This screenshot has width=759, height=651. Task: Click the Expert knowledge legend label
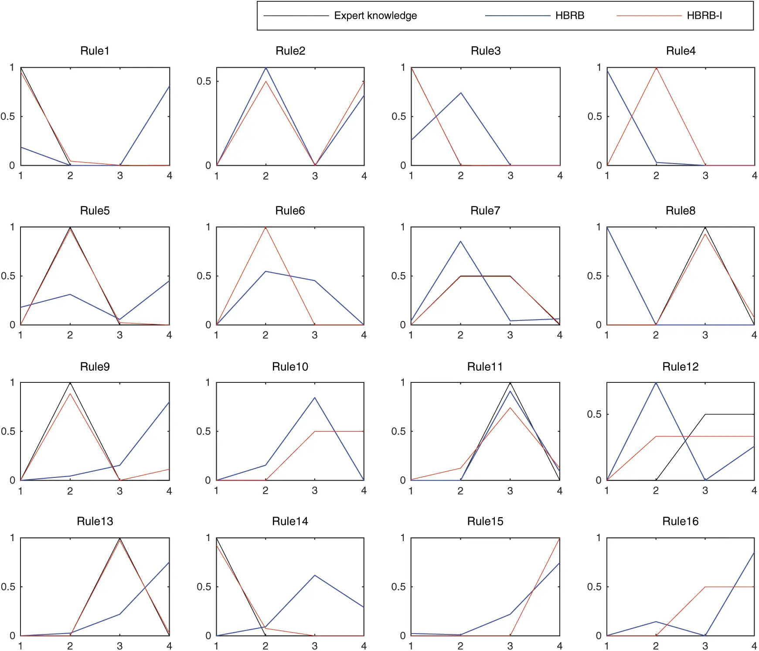(x=375, y=16)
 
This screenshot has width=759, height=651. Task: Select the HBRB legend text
(x=569, y=16)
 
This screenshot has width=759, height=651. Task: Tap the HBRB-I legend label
(x=704, y=16)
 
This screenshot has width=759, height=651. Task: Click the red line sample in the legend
(x=649, y=16)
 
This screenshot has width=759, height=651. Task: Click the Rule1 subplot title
(x=95, y=51)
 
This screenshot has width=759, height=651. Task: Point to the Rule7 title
(x=485, y=211)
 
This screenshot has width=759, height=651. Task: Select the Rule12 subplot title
(x=680, y=367)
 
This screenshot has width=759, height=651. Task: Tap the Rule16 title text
(x=680, y=521)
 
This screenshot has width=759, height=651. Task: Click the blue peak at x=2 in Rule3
(x=460, y=93)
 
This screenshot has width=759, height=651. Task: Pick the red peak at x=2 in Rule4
(x=656, y=68)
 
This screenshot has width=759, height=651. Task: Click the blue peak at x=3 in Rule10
(x=314, y=398)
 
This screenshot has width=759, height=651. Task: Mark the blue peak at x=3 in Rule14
(x=314, y=576)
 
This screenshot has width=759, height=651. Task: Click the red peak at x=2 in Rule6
(x=265, y=228)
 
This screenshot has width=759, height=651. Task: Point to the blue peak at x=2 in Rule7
(x=460, y=242)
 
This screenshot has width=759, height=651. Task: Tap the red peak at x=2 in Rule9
(x=70, y=394)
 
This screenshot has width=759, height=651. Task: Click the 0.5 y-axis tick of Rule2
(x=204, y=81)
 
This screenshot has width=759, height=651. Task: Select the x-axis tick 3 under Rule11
(x=510, y=491)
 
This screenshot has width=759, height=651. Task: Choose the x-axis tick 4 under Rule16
(x=754, y=646)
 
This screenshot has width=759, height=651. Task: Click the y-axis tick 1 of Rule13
(x=12, y=538)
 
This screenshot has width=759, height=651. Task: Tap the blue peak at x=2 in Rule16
(x=656, y=622)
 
